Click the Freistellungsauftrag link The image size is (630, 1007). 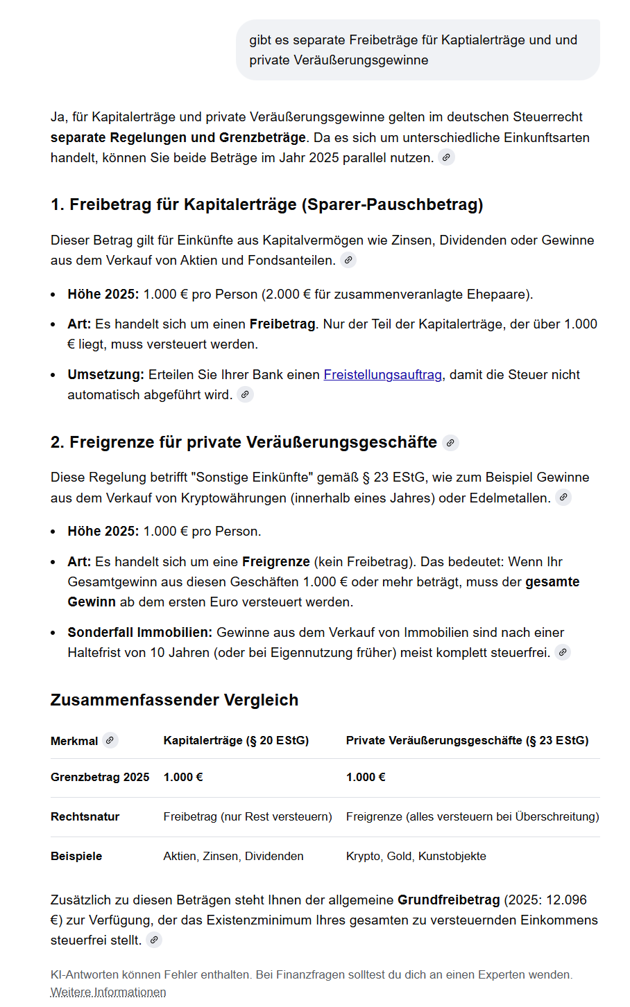pyautogui.click(x=382, y=375)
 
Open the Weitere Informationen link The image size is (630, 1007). pyautogui.click(x=108, y=992)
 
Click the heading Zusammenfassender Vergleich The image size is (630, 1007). pyautogui.click(x=174, y=700)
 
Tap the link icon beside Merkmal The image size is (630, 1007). pyautogui.click(x=110, y=740)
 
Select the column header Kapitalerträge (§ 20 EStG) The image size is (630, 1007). pyautogui.click(x=236, y=741)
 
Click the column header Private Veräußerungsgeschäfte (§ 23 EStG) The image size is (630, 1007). pyautogui.click(x=467, y=741)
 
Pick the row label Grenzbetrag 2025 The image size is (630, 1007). pyautogui.click(x=100, y=778)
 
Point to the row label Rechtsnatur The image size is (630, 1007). pyautogui.click(x=85, y=817)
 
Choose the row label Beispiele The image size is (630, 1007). pyautogui.click(x=76, y=857)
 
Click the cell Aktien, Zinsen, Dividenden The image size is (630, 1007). pyautogui.click(x=233, y=857)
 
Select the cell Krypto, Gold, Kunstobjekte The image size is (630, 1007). pyautogui.click(x=416, y=857)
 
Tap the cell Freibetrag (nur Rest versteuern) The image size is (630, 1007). pyautogui.click(x=248, y=817)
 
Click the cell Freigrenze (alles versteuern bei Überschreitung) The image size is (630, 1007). pyautogui.click(x=472, y=817)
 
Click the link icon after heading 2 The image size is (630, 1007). pyautogui.click(x=451, y=443)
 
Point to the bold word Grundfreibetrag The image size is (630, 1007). pyautogui.click(x=448, y=900)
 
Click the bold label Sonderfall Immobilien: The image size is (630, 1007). pyautogui.click(x=139, y=633)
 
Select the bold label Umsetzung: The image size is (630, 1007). pyautogui.click(x=105, y=375)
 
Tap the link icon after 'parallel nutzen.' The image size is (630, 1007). pyautogui.click(x=447, y=157)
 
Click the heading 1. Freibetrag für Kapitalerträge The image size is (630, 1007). pyautogui.click(x=266, y=205)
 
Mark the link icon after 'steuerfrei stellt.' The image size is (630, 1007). pyautogui.click(x=155, y=940)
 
